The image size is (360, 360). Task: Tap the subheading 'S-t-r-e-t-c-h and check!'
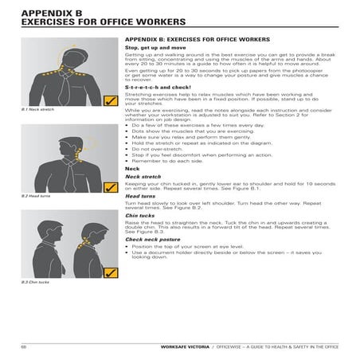click(x=156, y=87)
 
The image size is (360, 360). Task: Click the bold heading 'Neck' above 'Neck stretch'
click(x=132, y=168)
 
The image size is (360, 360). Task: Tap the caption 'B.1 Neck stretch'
click(x=36, y=109)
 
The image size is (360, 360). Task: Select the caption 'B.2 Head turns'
click(x=35, y=195)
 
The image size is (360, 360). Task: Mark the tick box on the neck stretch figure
click(x=110, y=101)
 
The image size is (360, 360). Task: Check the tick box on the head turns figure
click(x=110, y=187)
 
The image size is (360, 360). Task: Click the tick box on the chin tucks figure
click(x=110, y=273)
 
